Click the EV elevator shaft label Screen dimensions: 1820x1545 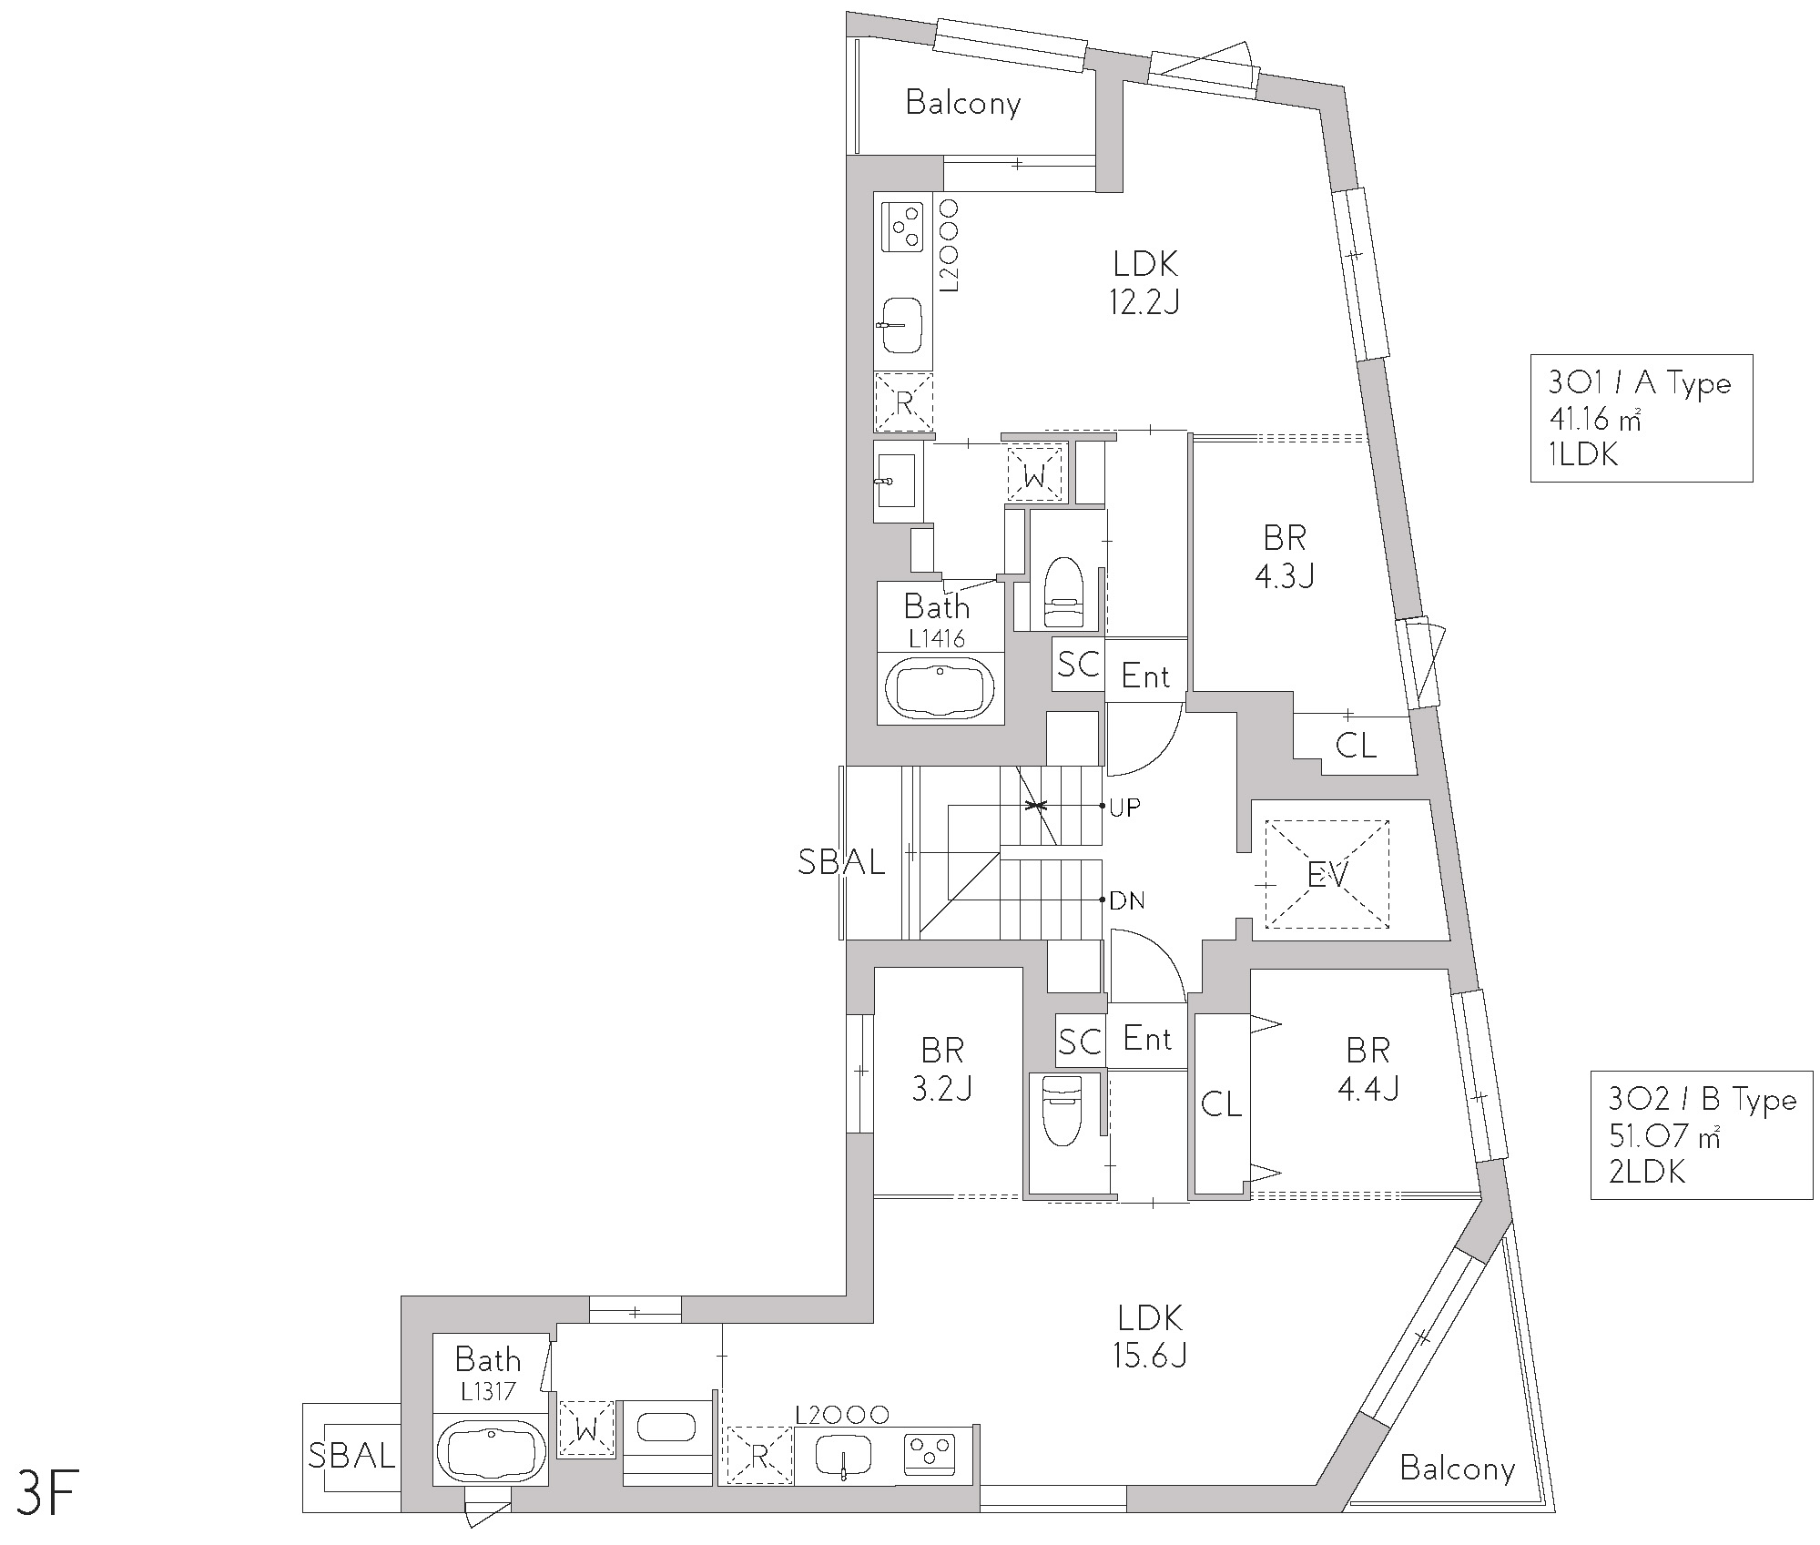(x=1327, y=875)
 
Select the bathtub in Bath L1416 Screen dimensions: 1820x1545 (x=941, y=689)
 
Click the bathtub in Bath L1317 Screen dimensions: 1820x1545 (x=491, y=1454)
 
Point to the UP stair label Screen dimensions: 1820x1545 (x=1124, y=808)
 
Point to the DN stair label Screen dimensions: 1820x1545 (x=1126, y=901)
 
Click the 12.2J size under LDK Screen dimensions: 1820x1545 (x=1144, y=302)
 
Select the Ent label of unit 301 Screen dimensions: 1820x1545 (x=1145, y=676)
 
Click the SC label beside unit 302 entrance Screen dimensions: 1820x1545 (x=1080, y=1041)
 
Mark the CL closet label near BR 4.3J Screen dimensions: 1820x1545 (x=1356, y=746)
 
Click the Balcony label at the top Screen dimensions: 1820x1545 (x=963, y=103)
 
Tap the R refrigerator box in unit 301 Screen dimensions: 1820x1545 (x=904, y=401)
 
